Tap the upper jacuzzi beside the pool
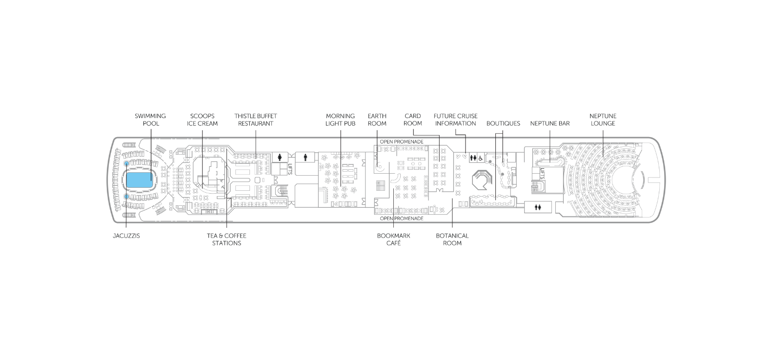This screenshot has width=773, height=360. [127, 163]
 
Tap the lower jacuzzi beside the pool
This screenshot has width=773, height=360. [127, 197]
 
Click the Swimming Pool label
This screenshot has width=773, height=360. [150, 120]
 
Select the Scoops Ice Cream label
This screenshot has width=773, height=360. [202, 120]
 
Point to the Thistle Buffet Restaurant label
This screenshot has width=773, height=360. [256, 120]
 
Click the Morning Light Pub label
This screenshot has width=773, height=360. [340, 120]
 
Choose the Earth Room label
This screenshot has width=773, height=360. [377, 120]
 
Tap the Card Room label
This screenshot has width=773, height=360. [413, 120]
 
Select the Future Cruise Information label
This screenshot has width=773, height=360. [455, 120]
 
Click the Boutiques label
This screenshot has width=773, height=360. [503, 123]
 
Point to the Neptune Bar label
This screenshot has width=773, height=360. [549, 123]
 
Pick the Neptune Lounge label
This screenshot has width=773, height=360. [603, 120]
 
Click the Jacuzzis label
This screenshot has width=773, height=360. [126, 236]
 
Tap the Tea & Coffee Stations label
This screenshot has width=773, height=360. [226, 240]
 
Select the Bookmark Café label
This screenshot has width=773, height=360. [393, 240]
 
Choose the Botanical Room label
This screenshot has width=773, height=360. [452, 240]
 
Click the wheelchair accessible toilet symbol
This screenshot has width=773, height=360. [480, 158]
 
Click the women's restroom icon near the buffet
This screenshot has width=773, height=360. [280, 158]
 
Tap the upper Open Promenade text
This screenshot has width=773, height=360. [401, 142]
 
